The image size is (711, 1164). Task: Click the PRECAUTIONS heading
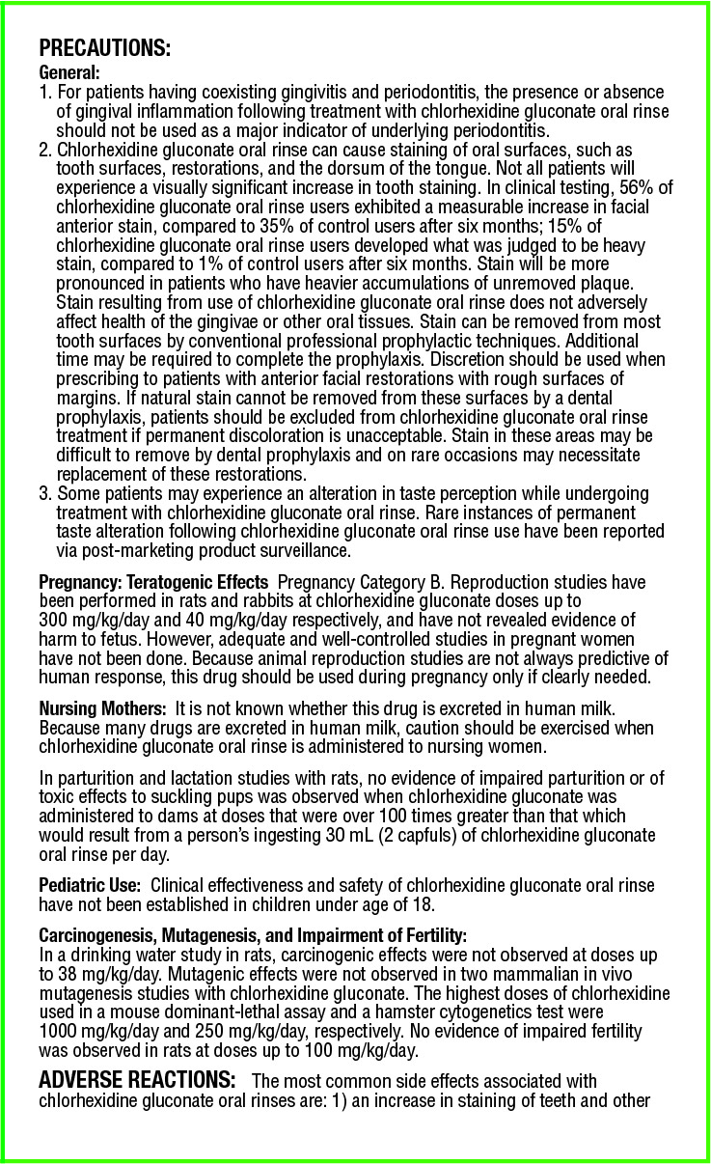[104, 48]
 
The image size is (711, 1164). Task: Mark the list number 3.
[44, 493]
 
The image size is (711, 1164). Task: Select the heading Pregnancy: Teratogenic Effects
[152, 582]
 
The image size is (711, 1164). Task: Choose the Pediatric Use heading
[90, 885]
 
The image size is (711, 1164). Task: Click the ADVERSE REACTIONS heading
[135, 1078]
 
